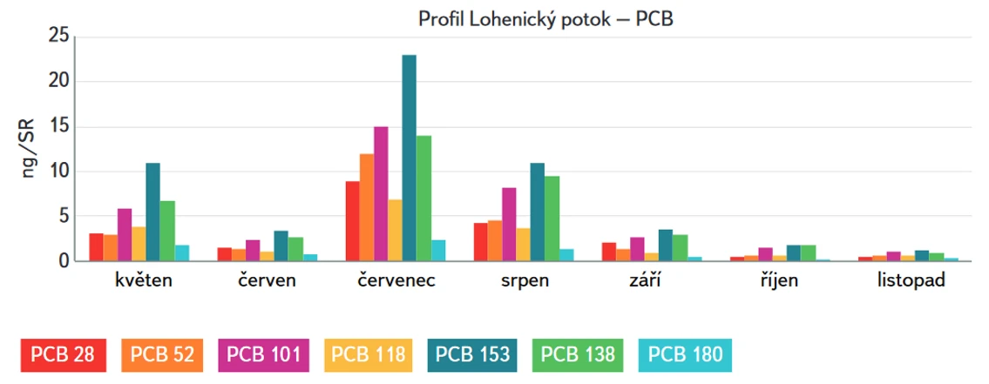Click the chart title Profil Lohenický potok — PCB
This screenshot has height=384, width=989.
pyautogui.click(x=545, y=18)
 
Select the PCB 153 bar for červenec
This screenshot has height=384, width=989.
pyautogui.click(x=409, y=158)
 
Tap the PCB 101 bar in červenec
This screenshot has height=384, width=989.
pyautogui.click(x=381, y=193)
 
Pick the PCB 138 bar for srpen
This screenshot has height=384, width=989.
pyautogui.click(x=552, y=218)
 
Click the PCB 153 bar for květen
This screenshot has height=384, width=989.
pyautogui.click(x=152, y=212)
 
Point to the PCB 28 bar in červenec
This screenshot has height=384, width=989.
pyautogui.click(x=352, y=220)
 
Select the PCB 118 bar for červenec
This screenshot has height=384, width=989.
pyautogui.click(x=395, y=230)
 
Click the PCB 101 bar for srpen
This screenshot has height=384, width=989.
pyautogui.click(x=509, y=224)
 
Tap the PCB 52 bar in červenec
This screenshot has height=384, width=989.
pyautogui.click(x=366, y=207)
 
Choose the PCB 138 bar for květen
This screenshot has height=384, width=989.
pyautogui.click(x=167, y=231)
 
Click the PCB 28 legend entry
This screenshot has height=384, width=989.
pyautogui.click(x=63, y=355)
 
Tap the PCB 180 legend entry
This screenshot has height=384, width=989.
pyautogui.click(x=684, y=355)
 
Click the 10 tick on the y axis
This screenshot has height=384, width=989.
pyautogui.click(x=58, y=171)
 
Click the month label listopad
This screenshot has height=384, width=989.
pyautogui.click(x=911, y=281)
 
